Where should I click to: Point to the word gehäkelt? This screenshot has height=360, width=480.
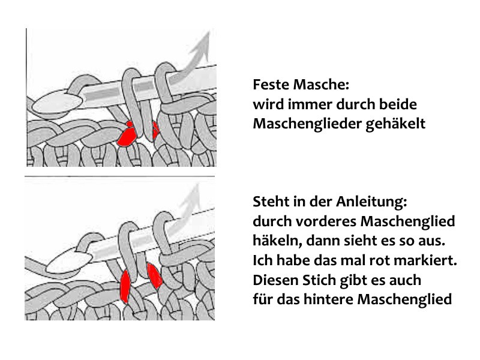(395, 124)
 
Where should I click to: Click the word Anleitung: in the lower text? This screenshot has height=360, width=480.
(371, 202)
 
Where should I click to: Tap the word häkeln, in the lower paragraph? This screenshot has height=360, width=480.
(277, 241)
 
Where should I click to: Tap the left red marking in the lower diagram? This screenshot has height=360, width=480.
(125, 286)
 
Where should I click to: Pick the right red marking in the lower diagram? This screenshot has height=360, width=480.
(154, 275)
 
